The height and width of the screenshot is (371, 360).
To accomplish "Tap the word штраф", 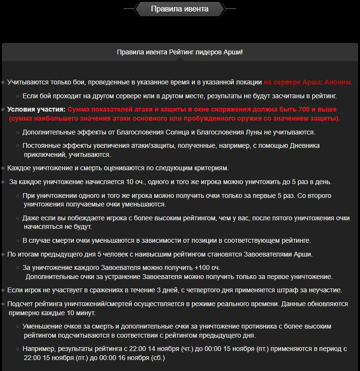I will [x=284, y=290].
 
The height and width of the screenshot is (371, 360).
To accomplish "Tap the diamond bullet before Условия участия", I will [x=3, y=109].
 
